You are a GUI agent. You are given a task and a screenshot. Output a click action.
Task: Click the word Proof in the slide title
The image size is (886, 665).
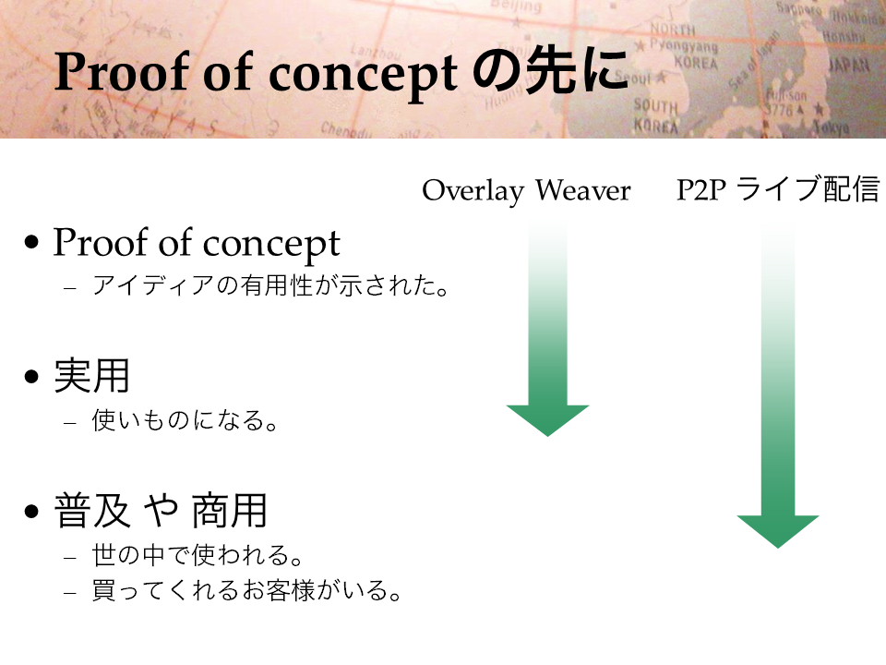[122, 72]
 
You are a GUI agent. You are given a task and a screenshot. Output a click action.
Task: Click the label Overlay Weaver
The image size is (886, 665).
[526, 190]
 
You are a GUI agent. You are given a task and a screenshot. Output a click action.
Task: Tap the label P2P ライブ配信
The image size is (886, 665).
[778, 188]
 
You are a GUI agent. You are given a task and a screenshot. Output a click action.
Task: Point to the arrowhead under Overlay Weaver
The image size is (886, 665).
[547, 420]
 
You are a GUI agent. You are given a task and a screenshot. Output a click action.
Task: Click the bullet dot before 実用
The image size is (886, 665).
[31, 376]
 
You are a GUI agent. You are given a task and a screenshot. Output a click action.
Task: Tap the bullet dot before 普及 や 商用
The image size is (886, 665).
[31, 511]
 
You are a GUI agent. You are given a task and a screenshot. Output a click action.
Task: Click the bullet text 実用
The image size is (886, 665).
[91, 376]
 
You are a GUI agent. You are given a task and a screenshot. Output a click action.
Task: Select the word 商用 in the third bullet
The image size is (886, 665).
[229, 511]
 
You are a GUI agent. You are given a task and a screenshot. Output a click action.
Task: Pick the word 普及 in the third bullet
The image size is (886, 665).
[92, 511]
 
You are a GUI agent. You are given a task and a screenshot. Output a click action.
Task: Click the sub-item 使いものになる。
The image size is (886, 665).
[185, 421]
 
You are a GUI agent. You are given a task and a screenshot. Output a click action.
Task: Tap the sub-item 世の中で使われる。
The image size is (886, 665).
[198, 555]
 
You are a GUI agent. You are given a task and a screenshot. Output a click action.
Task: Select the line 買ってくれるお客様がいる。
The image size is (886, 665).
[246, 590]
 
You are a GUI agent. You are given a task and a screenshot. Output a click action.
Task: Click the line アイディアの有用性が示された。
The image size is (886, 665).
[270, 285]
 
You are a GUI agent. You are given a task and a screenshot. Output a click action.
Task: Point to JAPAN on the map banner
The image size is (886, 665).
[849, 66]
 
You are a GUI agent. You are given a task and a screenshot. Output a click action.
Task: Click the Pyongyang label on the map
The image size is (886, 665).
[683, 45]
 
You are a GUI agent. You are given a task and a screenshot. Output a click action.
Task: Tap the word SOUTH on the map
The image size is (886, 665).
[655, 105]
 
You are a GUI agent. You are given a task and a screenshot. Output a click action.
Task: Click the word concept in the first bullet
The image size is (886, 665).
[271, 244]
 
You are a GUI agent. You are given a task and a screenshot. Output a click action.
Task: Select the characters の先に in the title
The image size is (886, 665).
[550, 70]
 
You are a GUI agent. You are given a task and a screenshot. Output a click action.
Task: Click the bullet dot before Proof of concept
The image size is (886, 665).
[31, 241]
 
